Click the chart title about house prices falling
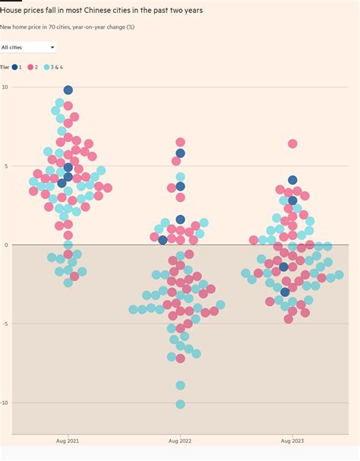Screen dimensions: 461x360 click(106, 11)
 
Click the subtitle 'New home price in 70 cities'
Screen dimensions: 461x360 click(68, 27)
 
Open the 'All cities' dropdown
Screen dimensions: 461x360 click(29, 47)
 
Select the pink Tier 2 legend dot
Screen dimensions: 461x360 click(32, 68)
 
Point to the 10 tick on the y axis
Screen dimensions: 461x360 click(5, 87)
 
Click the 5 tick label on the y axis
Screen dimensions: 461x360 click(6, 166)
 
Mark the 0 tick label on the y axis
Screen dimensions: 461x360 click(6, 245)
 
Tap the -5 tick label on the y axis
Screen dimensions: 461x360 click(5, 324)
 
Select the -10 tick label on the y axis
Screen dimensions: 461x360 click(5, 403)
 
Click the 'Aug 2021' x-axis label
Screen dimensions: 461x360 click(68, 440)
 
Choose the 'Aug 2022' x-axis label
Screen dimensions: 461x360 click(180, 440)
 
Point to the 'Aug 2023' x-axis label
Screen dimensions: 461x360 click(292, 440)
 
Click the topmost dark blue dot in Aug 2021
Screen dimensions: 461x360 click(68, 90)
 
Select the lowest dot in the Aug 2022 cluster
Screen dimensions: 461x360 click(180, 404)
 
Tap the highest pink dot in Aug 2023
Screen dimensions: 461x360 click(292, 144)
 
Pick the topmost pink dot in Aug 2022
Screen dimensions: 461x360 click(180, 142)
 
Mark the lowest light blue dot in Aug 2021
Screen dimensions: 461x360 click(68, 282)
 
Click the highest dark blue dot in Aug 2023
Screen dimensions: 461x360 click(292, 180)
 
